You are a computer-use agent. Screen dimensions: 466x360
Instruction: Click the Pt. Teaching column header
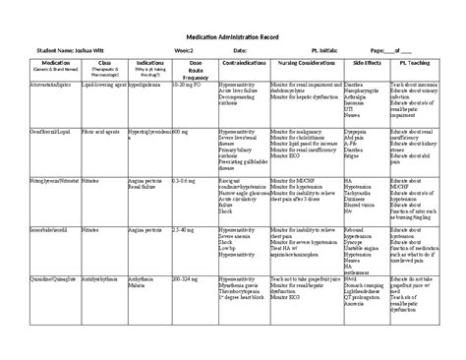417,62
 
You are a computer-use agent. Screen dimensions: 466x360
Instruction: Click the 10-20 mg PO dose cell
188,86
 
